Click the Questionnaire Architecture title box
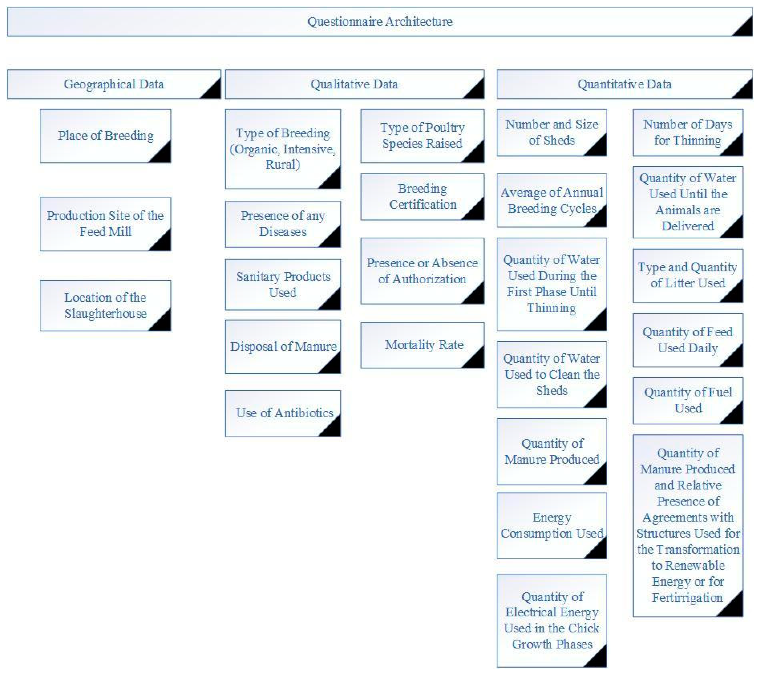pyautogui.click(x=379, y=22)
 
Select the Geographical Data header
pyautogui.click(x=114, y=84)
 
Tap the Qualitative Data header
pyautogui.click(x=354, y=84)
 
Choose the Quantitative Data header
pyautogui.click(x=625, y=84)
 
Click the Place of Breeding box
pyautogui.click(x=105, y=136)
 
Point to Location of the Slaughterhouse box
pyautogui.click(x=105, y=305)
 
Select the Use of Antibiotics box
pyautogui.click(x=283, y=413)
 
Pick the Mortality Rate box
pyautogui.click(x=423, y=345)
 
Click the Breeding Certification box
pyautogui.click(x=423, y=197)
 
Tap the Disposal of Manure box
pyautogui.click(x=283, y=347)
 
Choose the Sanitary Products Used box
pyautogui.click(x=283, y=285)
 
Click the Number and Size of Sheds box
pyautogui.click(x=552, y=132)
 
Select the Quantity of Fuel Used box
pyautogui.click(x=688, y=400)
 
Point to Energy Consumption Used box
pyautogui.click(x=552, y=525)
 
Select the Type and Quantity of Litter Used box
pyautogui.click(x=688, y=275)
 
